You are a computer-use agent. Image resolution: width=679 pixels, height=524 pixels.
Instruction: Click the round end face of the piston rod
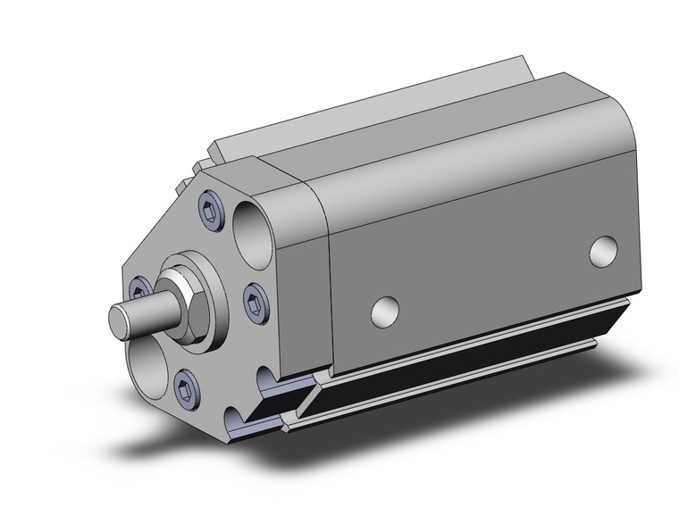coord(120,320)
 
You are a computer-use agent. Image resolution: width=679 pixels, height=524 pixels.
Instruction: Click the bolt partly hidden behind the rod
coord(138,287)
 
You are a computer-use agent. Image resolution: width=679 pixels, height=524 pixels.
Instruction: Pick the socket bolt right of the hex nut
coord(252,296)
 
